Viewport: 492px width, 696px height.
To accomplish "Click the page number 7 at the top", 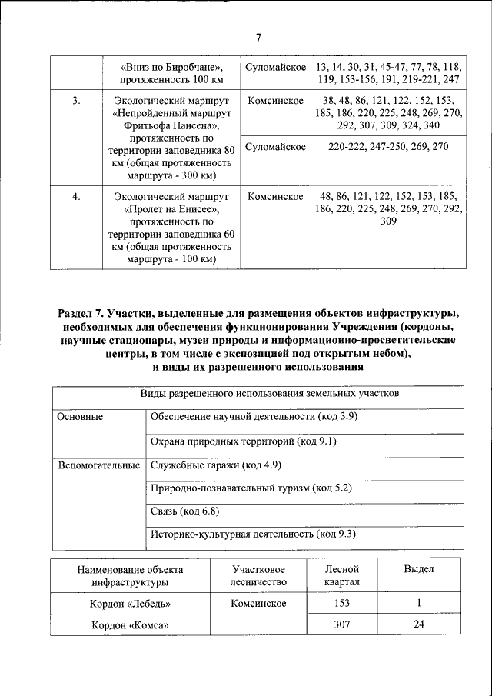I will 259,38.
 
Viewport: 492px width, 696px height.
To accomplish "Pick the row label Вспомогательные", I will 97,465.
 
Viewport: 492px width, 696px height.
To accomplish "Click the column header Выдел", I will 419,569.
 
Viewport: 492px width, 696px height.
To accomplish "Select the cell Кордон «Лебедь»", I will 130,603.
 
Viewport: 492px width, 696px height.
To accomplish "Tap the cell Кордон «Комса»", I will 130,625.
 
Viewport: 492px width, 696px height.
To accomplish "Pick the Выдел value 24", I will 419,625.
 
